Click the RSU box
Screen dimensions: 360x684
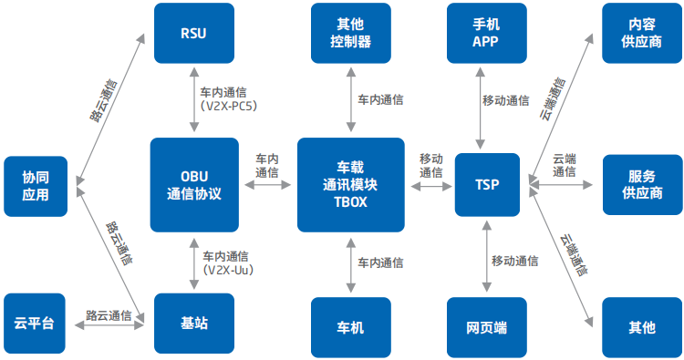point(193,33)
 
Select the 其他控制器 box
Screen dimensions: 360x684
point(351,33)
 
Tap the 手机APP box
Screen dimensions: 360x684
point(487,33)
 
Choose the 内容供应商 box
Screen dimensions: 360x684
point(641,33)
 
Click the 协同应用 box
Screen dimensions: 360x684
point(36,186)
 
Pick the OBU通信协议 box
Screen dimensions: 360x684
point(193,185)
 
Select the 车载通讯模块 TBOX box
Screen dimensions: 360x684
point(351,185)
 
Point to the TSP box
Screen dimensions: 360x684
point(487,185)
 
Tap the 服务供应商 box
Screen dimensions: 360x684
point(641,185)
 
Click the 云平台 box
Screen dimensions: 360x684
point(36,324)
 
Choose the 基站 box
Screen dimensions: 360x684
point(193,324)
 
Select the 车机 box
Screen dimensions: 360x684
point(351,327)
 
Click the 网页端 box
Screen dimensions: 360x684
point(487,327)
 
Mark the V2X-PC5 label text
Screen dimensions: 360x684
point(229,107)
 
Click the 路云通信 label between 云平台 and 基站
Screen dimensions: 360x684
point(109,315)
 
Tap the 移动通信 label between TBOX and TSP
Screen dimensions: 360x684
point(431,166)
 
